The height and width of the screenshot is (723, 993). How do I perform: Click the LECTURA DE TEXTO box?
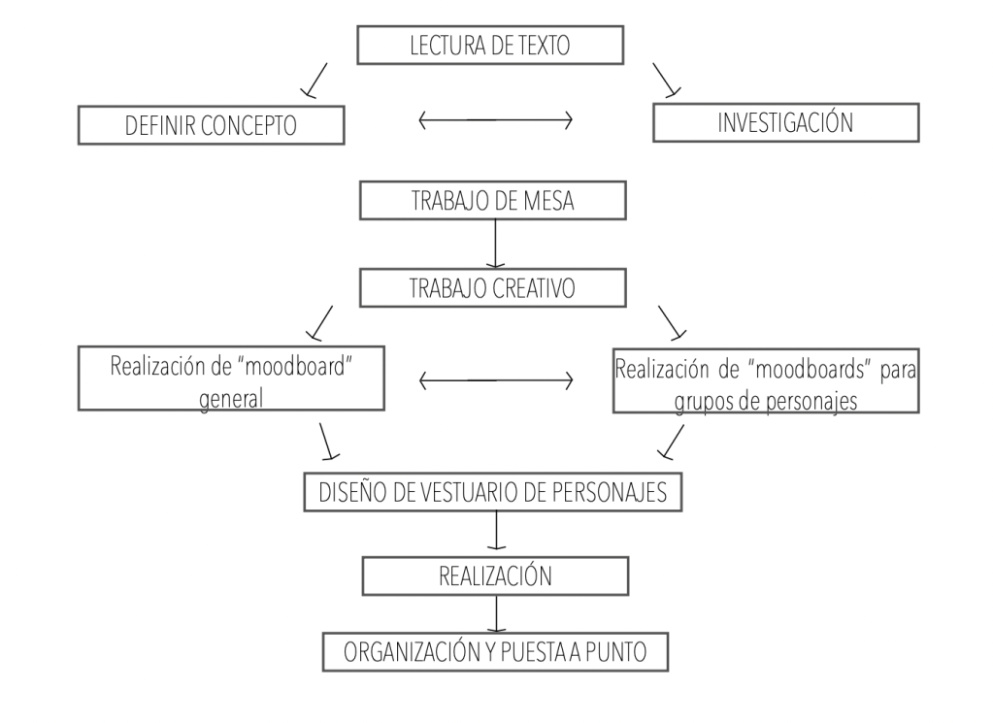[489, 44]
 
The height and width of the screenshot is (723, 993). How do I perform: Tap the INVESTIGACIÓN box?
[785, 123]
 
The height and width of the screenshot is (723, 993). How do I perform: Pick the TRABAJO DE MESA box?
[494, 201]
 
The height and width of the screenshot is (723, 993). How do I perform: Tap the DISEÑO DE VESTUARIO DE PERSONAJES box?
[494, 492]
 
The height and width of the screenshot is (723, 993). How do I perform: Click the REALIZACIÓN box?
[494, 575]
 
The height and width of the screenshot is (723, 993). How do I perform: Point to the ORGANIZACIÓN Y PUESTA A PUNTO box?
[495, 651]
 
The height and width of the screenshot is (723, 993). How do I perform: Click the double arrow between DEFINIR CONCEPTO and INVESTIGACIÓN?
[495, 120]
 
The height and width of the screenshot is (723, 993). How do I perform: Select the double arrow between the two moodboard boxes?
[495, 380]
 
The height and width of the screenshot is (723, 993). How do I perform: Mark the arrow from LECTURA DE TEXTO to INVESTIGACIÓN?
[667, 81]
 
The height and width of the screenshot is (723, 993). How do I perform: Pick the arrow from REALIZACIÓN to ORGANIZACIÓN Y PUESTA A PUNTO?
[496, 613]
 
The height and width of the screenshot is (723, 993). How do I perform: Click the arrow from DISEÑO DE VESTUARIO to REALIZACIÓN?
[496, 530]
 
